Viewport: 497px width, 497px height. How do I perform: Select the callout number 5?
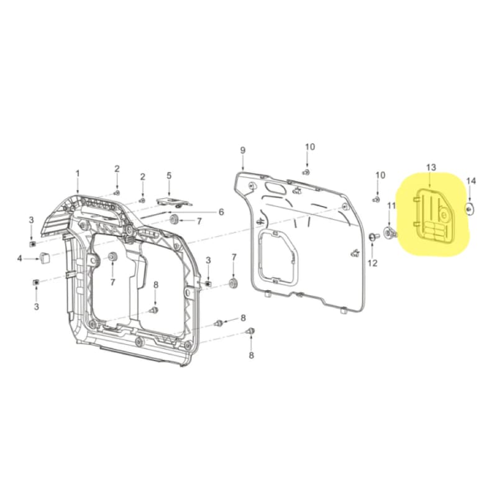(x=168, y=176)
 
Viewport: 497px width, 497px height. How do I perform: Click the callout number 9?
(x=242, y=150)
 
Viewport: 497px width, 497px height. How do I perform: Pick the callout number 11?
(x=391, y=205)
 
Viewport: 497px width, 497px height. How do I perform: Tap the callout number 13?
(x=431, y=168)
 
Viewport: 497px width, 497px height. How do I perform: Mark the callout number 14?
(x=471, y=181)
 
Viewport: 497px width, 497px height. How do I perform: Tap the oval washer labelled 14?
(x=470, y=207)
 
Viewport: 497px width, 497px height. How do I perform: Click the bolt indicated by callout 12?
(x=372, y=237)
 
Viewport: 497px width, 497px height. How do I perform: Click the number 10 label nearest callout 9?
(x=309, y=147)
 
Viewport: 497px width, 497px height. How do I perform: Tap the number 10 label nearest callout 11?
(x=380, y=175)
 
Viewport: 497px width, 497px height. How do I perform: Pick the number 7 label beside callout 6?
(x=199, y=221)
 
